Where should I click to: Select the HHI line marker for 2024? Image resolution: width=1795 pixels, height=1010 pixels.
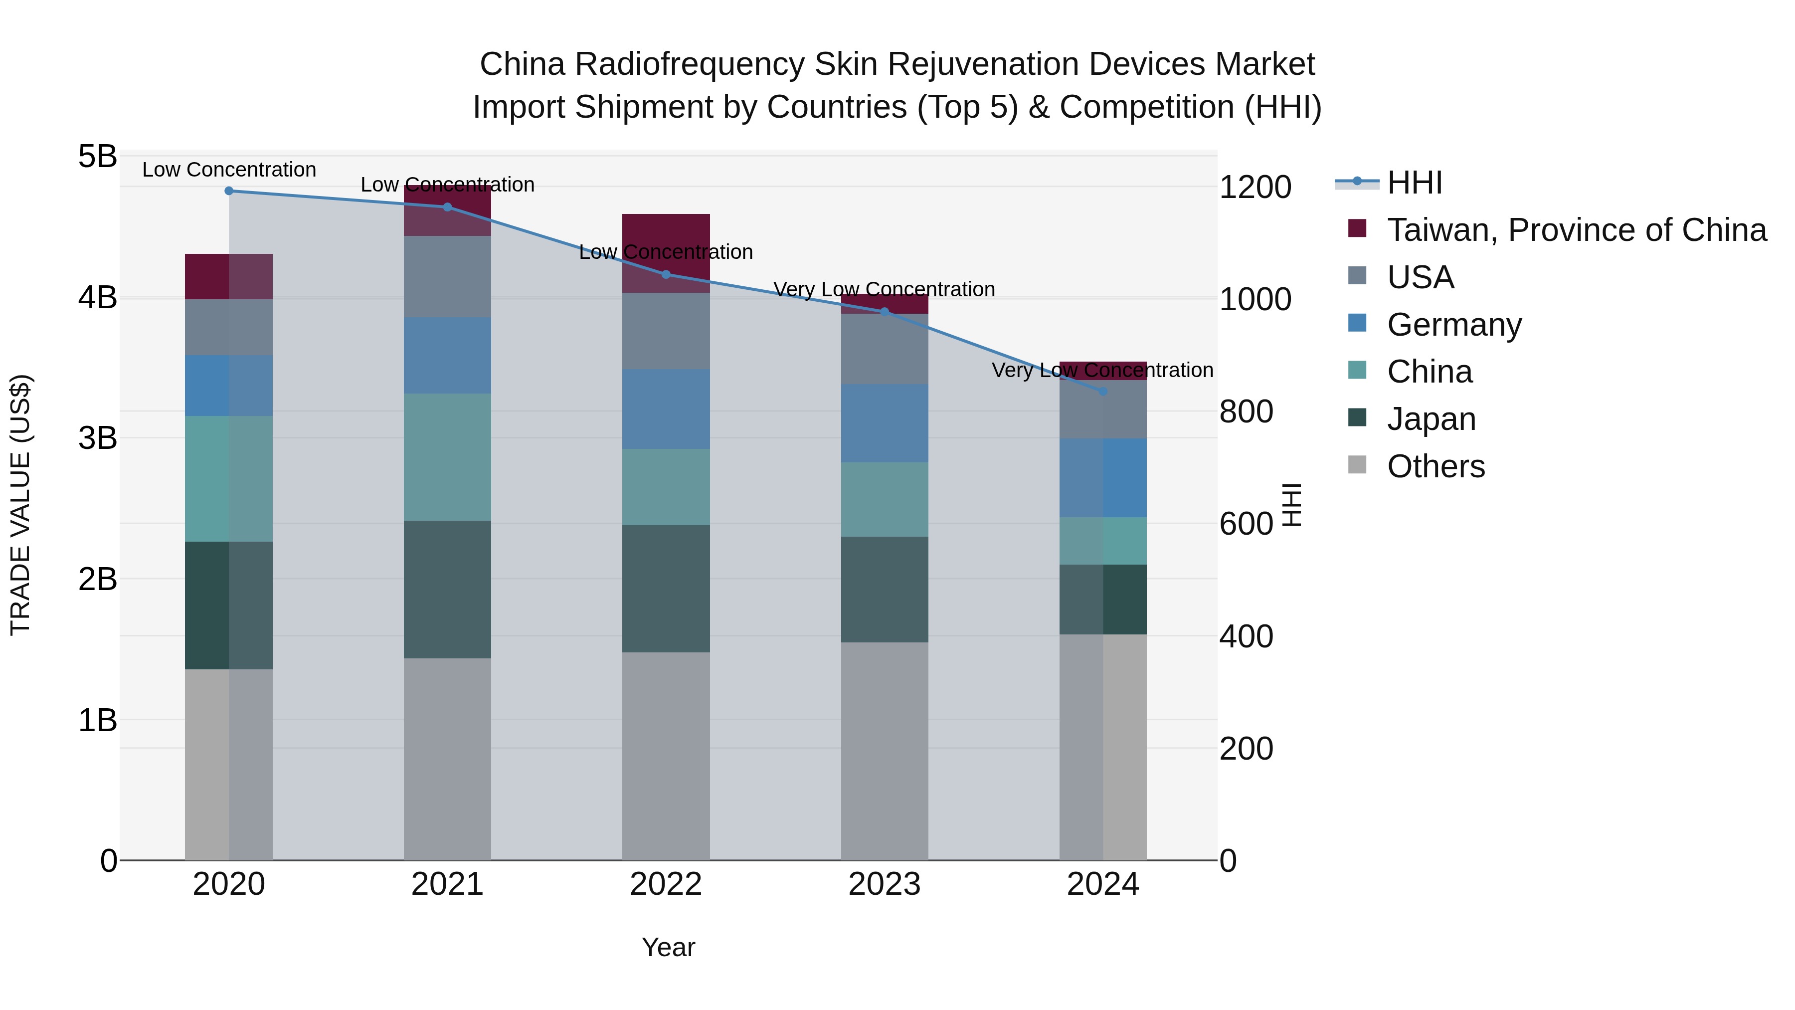(x=1103, y=392)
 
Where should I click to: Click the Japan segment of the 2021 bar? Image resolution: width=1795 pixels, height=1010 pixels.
(x=447, y=589)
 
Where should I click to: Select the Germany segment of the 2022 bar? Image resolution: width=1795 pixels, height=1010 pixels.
(x=666, y=409)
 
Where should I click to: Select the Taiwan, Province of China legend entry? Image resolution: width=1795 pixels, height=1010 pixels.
(x=1576, y=230)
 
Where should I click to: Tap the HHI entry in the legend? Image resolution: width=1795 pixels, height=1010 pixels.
(x=1415, y=183)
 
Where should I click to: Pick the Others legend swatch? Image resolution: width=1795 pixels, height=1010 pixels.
(x=1357, y=465)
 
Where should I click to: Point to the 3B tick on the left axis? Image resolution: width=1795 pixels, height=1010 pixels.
(x=98, y=438)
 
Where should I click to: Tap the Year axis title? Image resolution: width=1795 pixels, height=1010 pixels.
(x=668, y=947)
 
